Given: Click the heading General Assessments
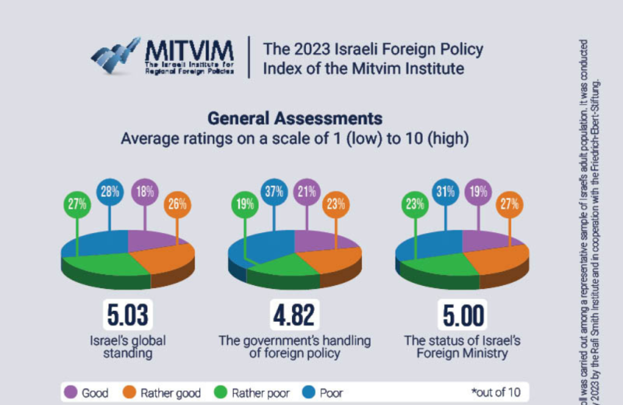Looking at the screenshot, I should [x=294, y=119].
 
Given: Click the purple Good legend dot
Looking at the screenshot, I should [x=71, y=392].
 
